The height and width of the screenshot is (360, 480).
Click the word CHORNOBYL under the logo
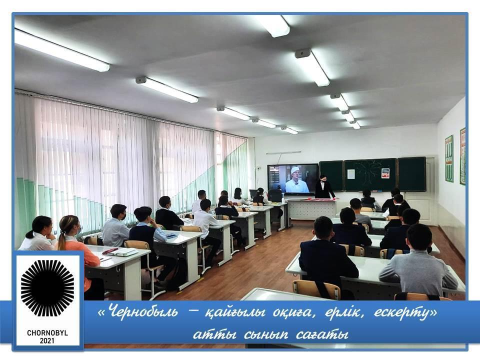(47, 333)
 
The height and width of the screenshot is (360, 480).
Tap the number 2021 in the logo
(47, 340)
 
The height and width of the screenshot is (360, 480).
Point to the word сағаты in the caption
(322, 334)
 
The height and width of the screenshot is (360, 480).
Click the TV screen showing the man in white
(293, 179)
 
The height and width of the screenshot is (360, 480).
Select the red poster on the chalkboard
(385, 173)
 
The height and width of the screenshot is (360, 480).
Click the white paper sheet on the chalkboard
(351, 174)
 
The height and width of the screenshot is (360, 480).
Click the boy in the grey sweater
(420, 260)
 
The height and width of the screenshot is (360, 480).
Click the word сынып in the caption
(266, 334)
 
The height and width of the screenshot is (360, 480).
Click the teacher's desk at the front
(311, 209)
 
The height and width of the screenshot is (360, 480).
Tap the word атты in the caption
(214, 334)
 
